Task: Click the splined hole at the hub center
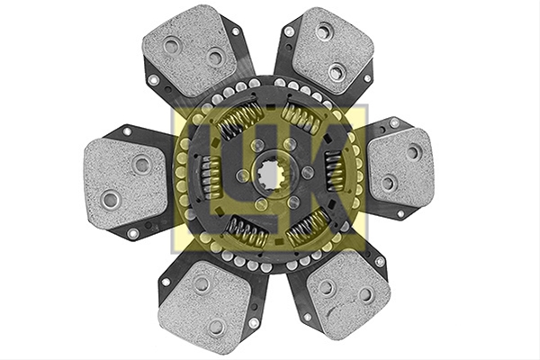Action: click(271, 173)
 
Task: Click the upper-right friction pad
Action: click(331, 51)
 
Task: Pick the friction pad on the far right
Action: click(400, 169)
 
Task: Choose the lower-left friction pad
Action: click(204, 304)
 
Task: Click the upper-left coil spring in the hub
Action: click(238, 118)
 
